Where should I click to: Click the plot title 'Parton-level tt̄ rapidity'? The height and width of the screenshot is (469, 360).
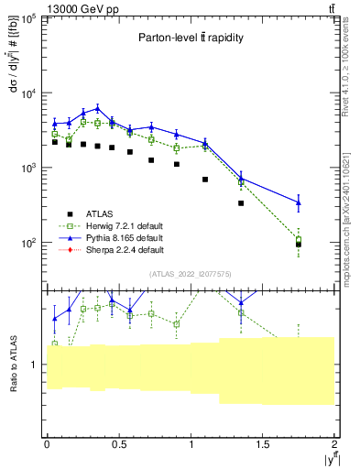coord(190,38)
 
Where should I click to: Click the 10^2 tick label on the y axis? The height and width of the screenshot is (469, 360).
coord(30,243)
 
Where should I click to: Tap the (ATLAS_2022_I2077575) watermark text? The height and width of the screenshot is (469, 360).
coord(191,274)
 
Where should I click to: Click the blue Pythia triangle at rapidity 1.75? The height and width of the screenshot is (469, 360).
coord(299,202)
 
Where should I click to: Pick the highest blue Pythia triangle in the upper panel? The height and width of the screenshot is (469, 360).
coord(97,108)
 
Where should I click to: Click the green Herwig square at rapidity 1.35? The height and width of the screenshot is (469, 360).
coord(241,182)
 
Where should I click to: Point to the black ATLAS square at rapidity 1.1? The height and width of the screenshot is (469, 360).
coord(205,180)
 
